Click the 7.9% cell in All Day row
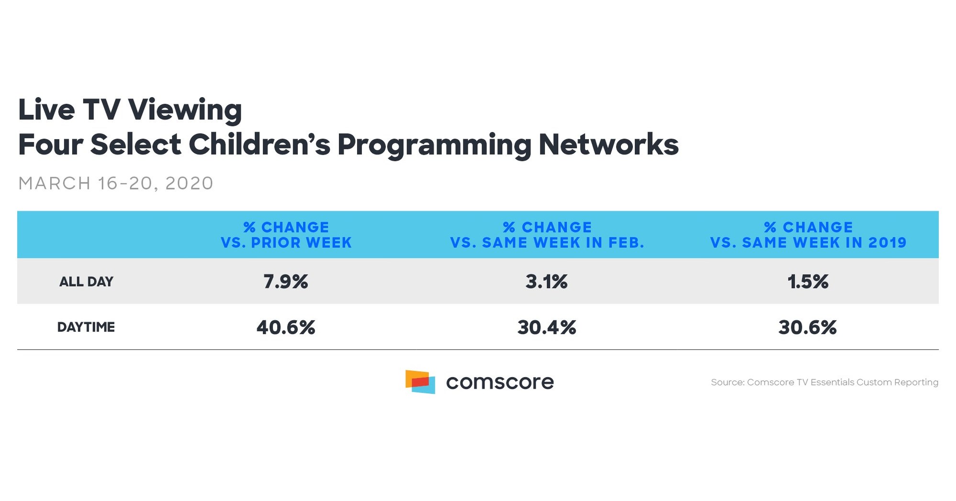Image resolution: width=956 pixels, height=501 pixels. (285, 281)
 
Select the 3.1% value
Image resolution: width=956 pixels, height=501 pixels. (546, 281)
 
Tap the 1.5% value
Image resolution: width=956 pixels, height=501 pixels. (808, 281)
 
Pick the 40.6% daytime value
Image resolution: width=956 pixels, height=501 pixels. (285, 327)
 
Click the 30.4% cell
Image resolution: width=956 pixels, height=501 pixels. (546, 327)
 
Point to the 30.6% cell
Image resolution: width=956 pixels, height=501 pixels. (807, 327)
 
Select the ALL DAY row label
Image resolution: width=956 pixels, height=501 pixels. (86, 282)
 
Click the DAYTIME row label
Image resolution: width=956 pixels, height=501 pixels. (86, 327)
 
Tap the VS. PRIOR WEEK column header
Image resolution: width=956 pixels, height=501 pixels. (286, 235)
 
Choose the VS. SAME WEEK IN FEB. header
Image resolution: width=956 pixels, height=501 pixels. (547, 235)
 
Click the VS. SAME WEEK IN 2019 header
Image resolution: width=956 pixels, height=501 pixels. (808, 235)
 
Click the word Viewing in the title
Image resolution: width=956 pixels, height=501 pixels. (185, 110)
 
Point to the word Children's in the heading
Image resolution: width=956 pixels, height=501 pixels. (259, 144)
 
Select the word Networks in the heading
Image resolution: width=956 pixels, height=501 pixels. (608, 144)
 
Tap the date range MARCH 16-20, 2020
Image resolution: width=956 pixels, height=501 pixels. (115, 183)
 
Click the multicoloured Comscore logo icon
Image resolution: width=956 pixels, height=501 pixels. (420, 382)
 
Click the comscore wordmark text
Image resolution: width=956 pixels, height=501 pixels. (499, 382)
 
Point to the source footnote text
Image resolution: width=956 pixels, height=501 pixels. (824, 382)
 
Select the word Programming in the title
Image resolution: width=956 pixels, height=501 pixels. (434, 145)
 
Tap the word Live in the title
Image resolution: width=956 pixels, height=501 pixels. (46, 110)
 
